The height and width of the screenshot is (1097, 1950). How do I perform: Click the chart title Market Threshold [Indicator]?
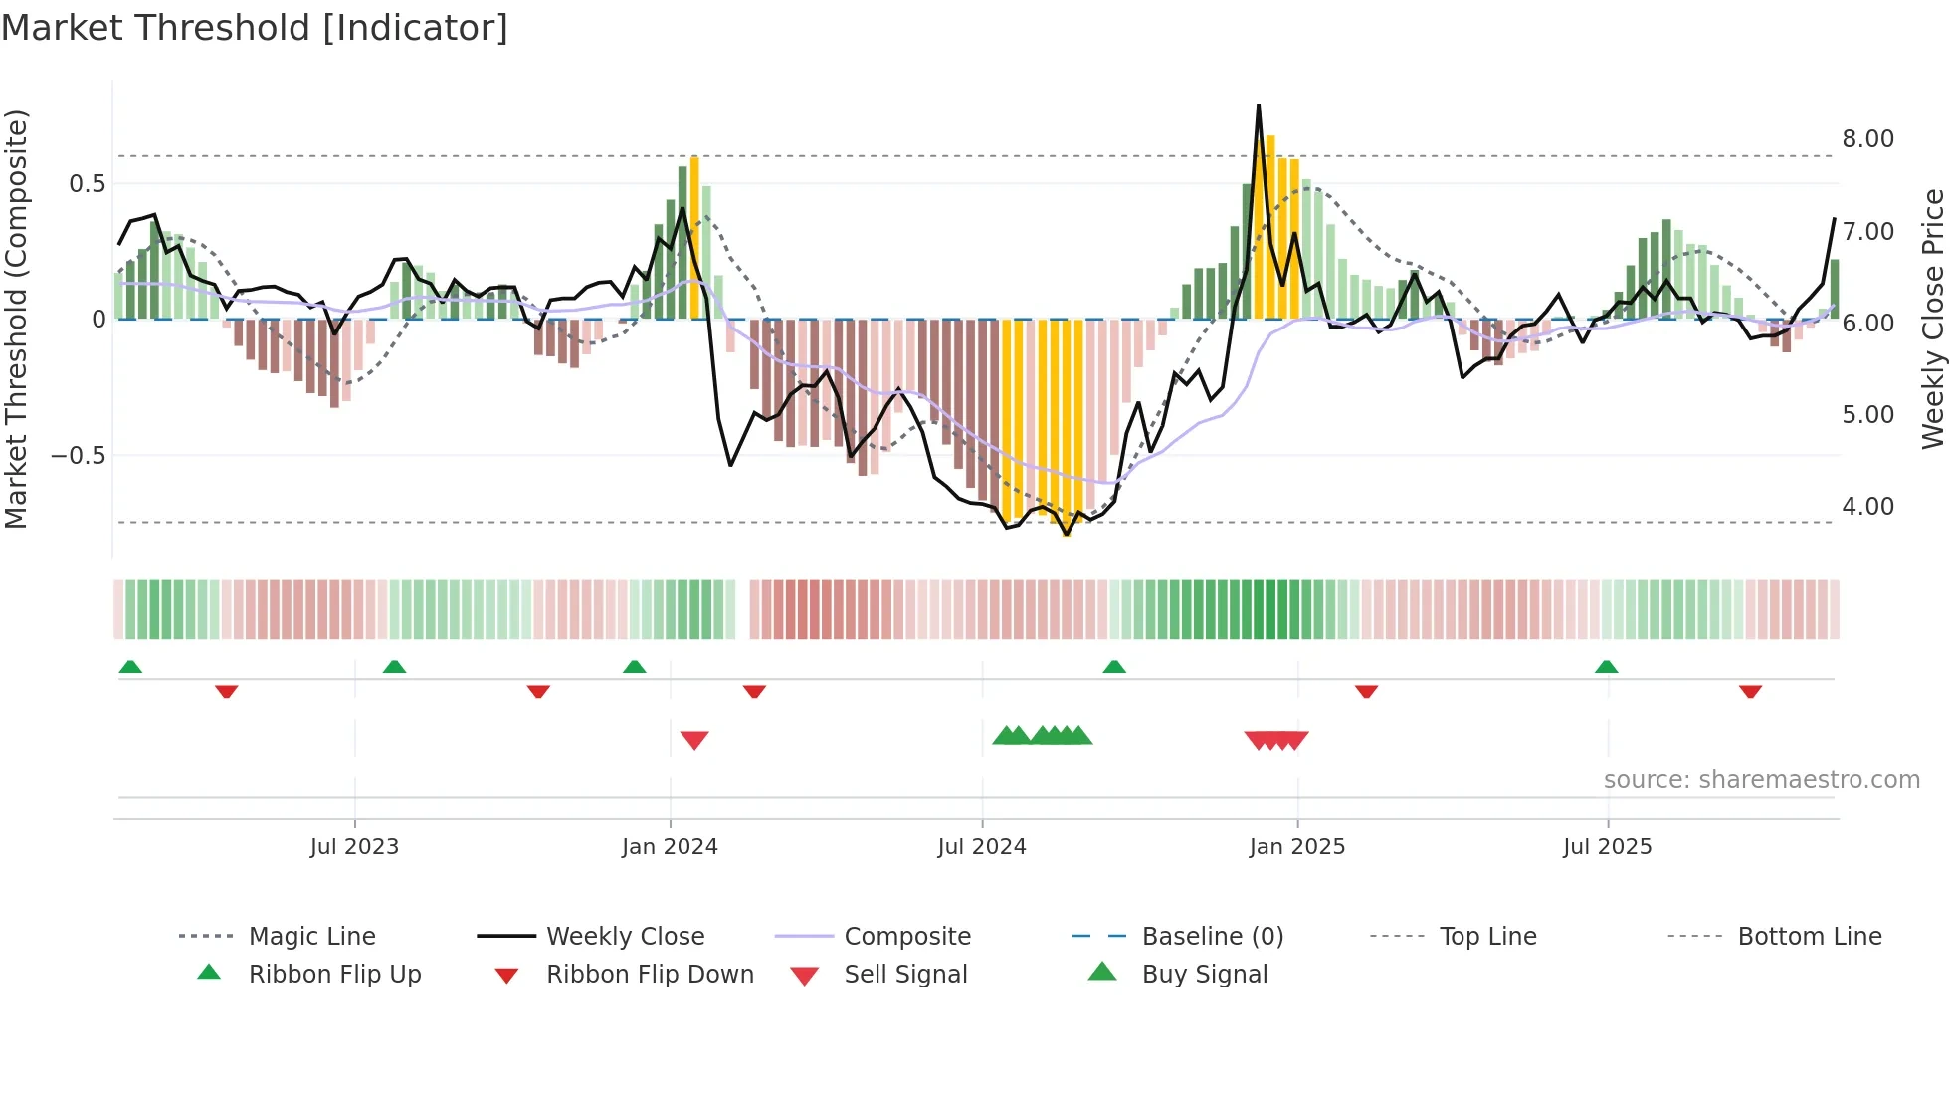click(x=255, y=28)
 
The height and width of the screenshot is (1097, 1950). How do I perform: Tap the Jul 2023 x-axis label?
click(x=354, y=847)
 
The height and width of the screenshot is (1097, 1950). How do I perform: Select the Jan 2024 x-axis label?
click(x=670, y=847)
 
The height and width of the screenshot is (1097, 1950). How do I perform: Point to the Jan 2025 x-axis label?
click(x=1296, y=847)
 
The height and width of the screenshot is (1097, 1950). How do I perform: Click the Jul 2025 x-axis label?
click(x=1607, y=847)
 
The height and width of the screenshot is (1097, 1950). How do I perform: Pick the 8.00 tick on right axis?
click(x=1867, y=139)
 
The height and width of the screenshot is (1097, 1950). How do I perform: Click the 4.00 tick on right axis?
click(x=1867, y=507)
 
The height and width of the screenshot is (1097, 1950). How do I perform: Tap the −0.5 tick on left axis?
click(x=78, y=456)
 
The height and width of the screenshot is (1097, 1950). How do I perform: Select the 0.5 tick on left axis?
click(x=87, y=184)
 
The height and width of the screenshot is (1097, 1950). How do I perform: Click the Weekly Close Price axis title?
click(x=1932, y=319)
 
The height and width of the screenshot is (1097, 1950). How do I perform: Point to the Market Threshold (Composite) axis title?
click(x=16, y=319)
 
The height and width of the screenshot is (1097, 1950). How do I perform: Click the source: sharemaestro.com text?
click(x=1761, y=780)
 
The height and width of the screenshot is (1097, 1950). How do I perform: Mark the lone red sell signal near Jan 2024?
click(x=694, y=740)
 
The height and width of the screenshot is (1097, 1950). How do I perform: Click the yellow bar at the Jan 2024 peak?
click(x=694, y=239)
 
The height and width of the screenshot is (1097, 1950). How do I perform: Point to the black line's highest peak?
click(x=1259, y=106)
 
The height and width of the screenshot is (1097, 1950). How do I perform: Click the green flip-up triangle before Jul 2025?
click(x=1606, y=667)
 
